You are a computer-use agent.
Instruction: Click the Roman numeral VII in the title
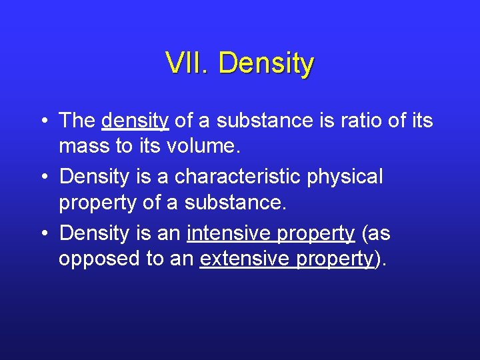tap(187, 64)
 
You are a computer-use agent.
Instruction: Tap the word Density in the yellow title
tap(265, 64)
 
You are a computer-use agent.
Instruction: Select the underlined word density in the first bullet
tap(135, 121)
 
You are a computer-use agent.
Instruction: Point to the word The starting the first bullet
tap(77, 121)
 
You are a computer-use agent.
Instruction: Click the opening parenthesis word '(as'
tap(375, 234)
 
